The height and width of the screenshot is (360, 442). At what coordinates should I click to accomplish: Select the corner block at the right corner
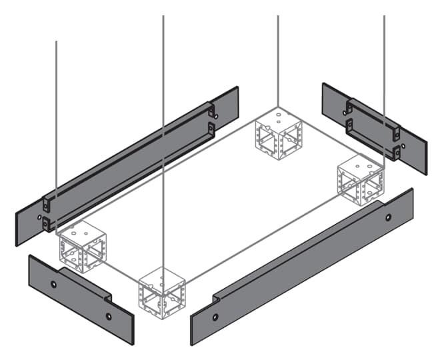point(361,181)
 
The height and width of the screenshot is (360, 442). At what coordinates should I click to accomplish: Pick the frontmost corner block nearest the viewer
point(161,291)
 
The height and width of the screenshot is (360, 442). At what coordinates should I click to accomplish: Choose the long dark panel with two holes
point(300,267)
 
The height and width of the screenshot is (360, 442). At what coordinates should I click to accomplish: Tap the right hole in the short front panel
point(109,316)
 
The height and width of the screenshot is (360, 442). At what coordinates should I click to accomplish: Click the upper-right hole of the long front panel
point(388,217)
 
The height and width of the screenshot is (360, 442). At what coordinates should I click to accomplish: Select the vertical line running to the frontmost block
point(163,133)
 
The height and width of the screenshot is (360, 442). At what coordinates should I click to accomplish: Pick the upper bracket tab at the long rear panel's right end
point(211,111)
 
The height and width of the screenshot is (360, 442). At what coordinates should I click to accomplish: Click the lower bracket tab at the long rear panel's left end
point(46,225)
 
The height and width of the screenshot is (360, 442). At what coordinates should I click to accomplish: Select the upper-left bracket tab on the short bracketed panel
point(348,107)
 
